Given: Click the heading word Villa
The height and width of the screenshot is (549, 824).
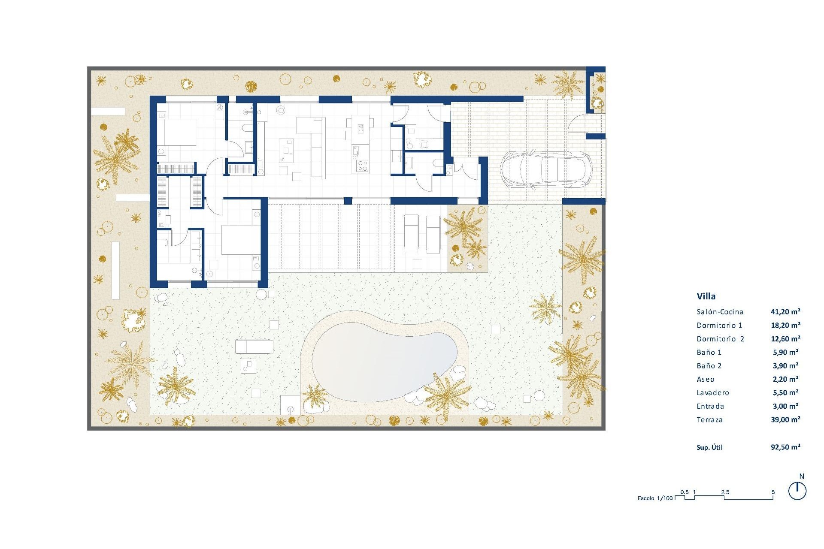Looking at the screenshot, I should click(x=706, y=296).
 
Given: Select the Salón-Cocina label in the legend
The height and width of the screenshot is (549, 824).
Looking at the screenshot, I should click(x=720, y=312).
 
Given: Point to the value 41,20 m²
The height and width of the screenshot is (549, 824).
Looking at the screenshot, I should click(x=785, y=312).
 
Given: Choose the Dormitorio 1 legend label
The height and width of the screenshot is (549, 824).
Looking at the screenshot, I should click(x=719, y=325).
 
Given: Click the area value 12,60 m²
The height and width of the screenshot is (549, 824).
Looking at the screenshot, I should click(x=785, y=339).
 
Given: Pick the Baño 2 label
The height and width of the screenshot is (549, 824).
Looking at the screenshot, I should click(x=709, y=366).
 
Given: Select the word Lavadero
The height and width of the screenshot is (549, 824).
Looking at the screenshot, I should click(x=713, y=393).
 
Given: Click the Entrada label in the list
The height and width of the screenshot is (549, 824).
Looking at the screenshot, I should click(x=710, y=406).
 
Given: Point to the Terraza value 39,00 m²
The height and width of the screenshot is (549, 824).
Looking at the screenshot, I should click(x=785, y=419).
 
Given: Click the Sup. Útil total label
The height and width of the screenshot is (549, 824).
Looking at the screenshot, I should click(x=709, y=447).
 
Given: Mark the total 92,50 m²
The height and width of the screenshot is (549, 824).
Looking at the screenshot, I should click(x=785, y=447).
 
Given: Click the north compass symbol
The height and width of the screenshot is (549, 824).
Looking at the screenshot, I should click(x=797, y=491).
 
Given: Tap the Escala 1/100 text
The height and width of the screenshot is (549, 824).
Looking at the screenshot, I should click(x=655, y=498).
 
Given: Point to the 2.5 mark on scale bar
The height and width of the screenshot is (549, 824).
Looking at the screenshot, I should click(x=725, y=492).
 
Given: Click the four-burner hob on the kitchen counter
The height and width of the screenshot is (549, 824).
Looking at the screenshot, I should click(x=362, y=166).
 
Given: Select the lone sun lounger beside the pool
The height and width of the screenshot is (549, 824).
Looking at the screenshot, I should click(x=254, y=347).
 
